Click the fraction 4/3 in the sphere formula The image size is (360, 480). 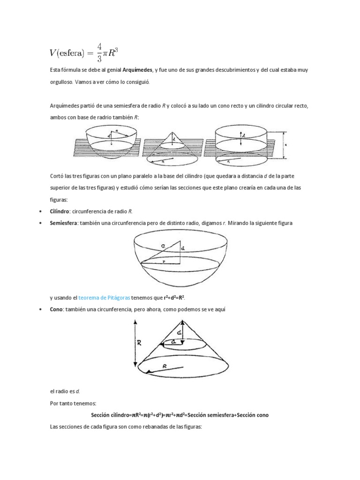99,52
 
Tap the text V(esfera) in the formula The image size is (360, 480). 69,52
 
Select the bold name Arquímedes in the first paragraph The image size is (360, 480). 137,70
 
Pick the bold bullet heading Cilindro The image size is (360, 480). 60,211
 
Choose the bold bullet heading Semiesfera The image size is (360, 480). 63,223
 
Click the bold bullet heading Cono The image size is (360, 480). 56,309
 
